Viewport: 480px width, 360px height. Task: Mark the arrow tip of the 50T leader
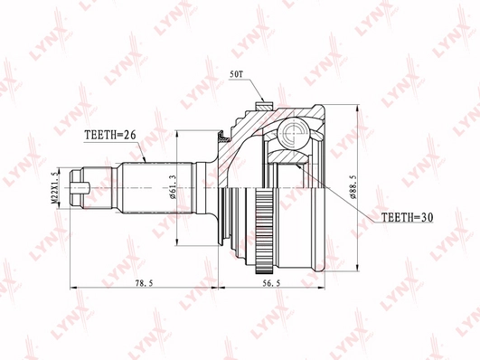click(x=262, y=102)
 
